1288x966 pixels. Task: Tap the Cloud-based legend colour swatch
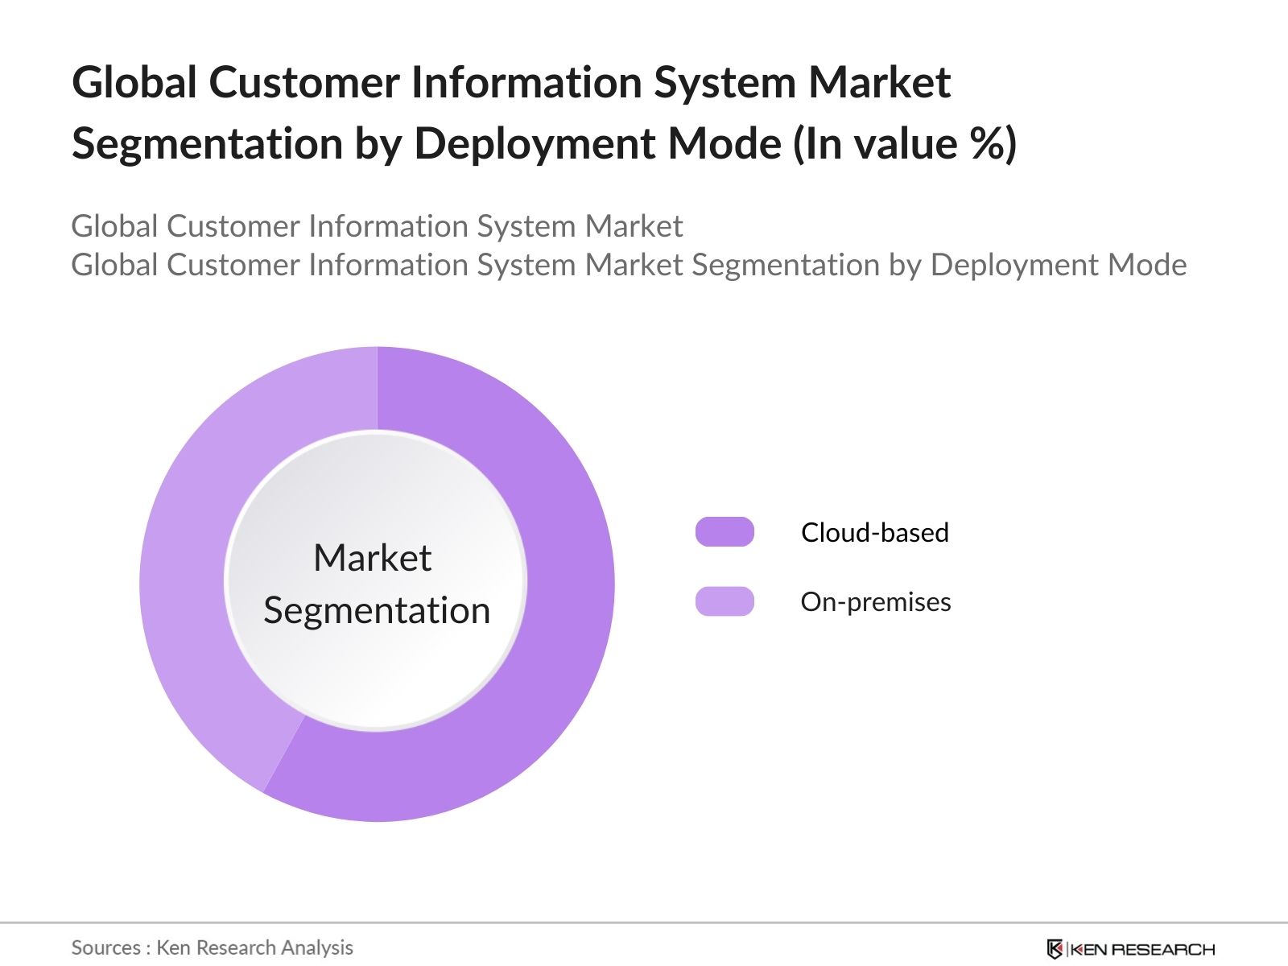point(724,532)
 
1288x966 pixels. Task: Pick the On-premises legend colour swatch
point(724,601)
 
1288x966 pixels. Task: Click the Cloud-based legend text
point(875,532)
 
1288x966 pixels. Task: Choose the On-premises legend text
point(876,601)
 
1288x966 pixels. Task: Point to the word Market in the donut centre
point(373,557)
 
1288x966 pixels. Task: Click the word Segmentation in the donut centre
point(377,610)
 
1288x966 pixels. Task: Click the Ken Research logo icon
point(1055,949)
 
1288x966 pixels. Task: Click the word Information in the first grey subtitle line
point(387,226)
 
